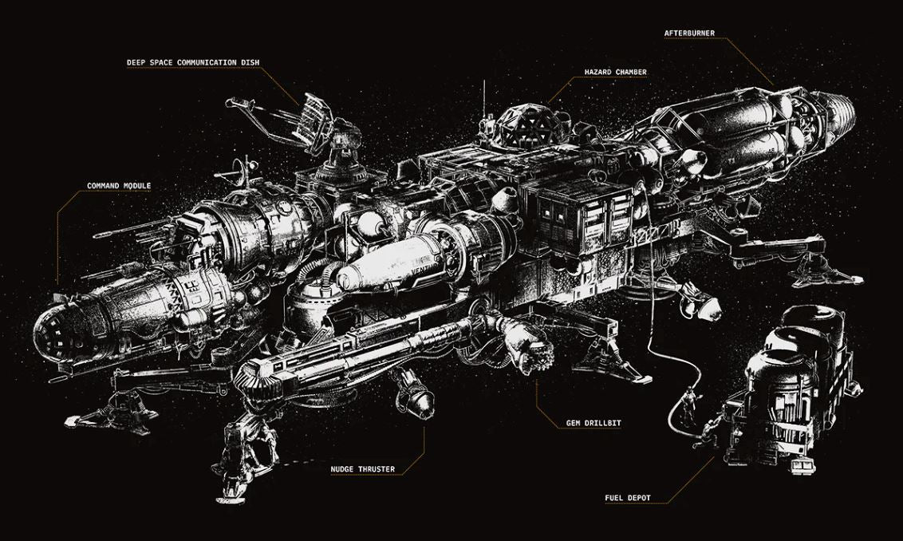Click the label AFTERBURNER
click(689, 34)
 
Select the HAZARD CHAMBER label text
click(615, 72)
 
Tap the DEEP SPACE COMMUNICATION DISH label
click(193, 62)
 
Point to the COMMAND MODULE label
click(119, 186)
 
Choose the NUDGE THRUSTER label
click(362, 469)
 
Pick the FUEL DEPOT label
click(628, 498)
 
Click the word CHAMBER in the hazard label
click(629, 72)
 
